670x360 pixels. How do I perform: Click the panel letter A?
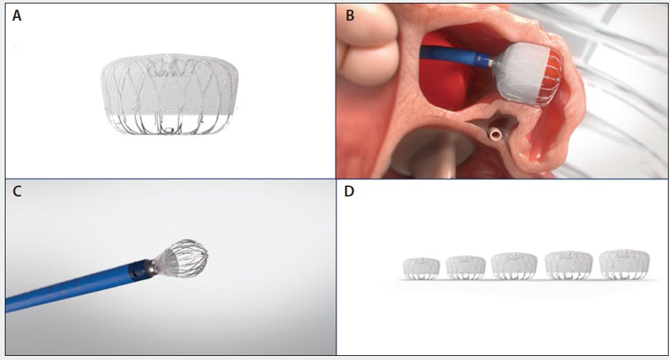pyautogui.click(x=17, y=16)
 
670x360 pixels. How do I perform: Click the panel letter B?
pyautogui.click(x=349, y=16)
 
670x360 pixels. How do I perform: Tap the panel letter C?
pyautogui.click(x=17, y=191)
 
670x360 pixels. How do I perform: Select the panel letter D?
pyautogui.click(x=349, y=191)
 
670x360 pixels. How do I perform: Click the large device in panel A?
pyautogui.click(x=170, y=94)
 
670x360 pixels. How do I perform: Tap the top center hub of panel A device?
pyautogui.click(x=167, y=59)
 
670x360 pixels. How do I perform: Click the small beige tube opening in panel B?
pyautogui.click(x=496, y=135)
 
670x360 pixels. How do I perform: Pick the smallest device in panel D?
pyautogui.click(x=421, y=268)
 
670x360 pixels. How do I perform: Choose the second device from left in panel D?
pyautogui.click(x=466, y=268)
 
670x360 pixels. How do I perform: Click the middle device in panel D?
pyautogui.click(x=514, y=266)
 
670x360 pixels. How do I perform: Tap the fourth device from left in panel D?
pyautogui.click(x=569, y=266)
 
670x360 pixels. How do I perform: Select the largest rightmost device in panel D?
pyautogui.click(x=625, y=265)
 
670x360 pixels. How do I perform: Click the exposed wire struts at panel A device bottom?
pyautogui.click(x=170, y=124)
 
